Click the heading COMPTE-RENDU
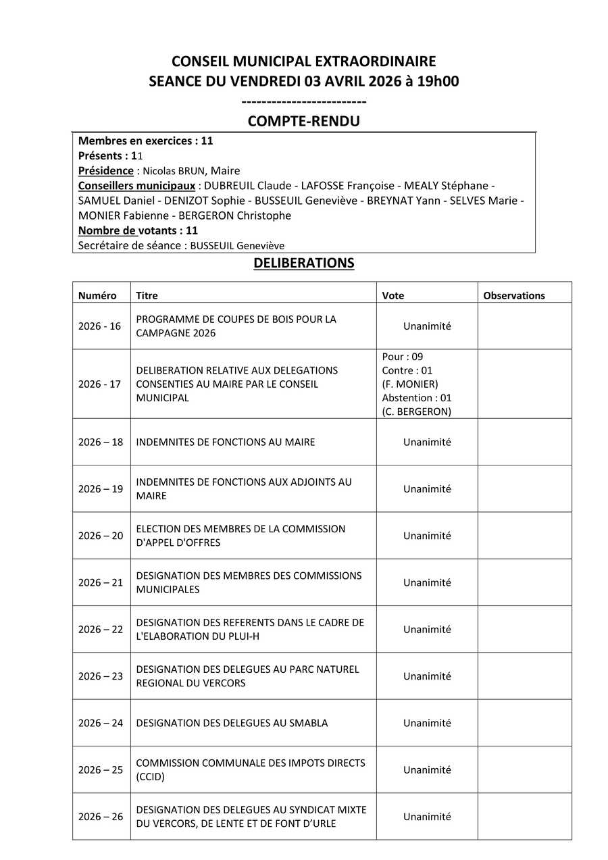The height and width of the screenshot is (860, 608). click(303, 122)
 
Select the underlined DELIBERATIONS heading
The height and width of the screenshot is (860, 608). click(303, 263)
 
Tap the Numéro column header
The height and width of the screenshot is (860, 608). click(97, 296)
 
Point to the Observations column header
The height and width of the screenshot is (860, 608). click(514, 296)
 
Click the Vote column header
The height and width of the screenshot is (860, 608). click(393, 296)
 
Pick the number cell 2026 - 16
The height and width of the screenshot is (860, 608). click(100, 326)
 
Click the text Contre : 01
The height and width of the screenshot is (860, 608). click(407, 370)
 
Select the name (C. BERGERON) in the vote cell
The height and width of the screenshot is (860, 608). click(417, 411)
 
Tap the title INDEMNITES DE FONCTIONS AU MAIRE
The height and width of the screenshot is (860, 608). click(226, 442)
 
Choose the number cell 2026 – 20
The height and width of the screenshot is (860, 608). click(101, 536)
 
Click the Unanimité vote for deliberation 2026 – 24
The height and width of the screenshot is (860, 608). click(427, 724)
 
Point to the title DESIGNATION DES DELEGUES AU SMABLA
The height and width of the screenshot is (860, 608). click(232, 724)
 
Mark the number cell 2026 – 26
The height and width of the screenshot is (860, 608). click(101, 817)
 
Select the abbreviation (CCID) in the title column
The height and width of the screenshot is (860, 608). click(150, 777)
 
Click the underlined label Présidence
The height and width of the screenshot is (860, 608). click(106, 171)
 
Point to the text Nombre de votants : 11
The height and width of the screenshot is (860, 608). click(138, 230)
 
